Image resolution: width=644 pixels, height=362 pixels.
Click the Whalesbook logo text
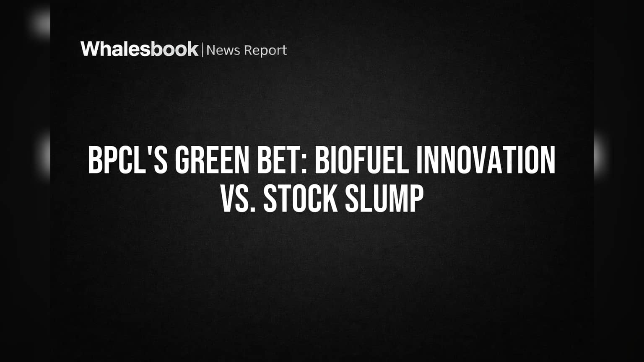(x=140, y=49)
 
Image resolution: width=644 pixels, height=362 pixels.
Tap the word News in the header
(x=223, y=50)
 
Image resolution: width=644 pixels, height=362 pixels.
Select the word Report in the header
(x=265, y=51)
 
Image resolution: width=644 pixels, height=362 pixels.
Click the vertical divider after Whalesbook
(x=203, y=50)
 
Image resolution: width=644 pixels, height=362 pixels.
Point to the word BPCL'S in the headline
(x=128, y=160)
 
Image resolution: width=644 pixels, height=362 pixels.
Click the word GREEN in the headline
(x=212, y=160)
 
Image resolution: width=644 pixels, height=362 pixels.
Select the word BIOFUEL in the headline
(x=362, y=160)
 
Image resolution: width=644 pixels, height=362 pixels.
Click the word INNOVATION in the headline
(x=486, y=160)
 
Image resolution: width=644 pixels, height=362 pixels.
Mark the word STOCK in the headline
(x=301, y=199)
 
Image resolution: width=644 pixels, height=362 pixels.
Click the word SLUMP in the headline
(x=384, y=199)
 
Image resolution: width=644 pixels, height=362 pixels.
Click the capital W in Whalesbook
(x=91, y=49)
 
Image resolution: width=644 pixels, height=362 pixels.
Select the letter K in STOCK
(x=330, y=199)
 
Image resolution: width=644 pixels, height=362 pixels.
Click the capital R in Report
(x=249, y=50)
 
